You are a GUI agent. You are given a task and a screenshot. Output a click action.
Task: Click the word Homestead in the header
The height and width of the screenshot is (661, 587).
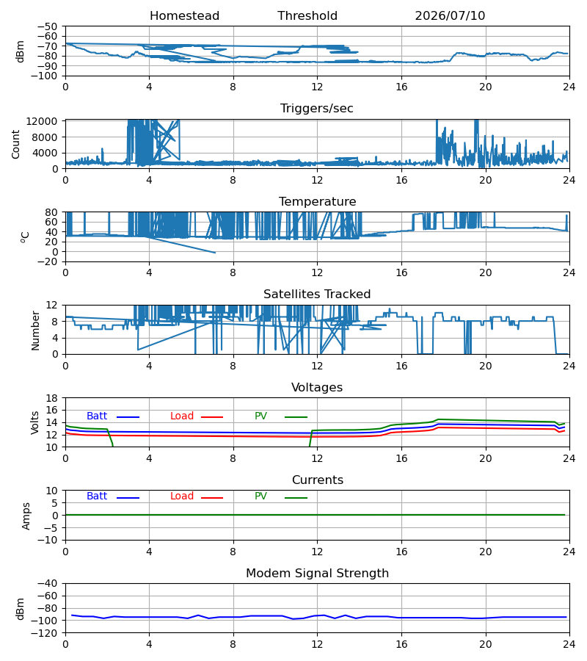pos(184,15)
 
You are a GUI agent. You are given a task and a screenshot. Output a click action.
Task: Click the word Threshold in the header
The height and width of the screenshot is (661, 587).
pos(307,15)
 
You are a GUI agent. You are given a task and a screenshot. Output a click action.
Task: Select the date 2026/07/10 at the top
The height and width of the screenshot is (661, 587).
pos(450,15)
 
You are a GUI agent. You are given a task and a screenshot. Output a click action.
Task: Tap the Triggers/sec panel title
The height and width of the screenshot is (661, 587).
pos(317,109)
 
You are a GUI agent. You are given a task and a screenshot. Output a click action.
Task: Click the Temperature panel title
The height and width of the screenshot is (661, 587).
pos(317,201)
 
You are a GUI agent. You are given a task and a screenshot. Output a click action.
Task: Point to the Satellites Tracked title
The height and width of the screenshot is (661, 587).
pos(317,295)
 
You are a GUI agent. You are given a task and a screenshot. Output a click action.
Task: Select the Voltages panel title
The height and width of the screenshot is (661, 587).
pos(317,387)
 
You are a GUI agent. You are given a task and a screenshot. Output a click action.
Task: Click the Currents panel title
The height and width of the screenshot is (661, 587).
pos(318,480)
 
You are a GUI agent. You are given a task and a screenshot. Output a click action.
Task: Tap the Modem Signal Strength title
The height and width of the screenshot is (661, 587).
pos(317,574)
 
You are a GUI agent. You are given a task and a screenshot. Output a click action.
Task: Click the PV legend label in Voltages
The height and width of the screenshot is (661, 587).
pos(260,416)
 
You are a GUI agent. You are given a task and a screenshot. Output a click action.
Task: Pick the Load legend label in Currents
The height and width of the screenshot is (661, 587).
pos(182,496)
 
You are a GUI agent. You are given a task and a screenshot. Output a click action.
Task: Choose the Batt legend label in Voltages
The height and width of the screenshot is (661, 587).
pos(97,416)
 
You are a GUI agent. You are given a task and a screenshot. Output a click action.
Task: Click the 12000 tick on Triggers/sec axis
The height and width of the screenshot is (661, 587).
pos(42,121)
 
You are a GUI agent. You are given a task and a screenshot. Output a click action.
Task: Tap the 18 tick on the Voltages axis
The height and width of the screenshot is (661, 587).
pos(51,398)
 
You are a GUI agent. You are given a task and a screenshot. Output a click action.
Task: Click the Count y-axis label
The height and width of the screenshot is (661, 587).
pos(16,144)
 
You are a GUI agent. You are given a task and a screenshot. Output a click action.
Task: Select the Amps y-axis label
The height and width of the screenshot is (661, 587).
pos(26,516)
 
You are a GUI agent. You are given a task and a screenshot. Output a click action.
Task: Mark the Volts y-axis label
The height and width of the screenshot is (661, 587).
pos(34,423)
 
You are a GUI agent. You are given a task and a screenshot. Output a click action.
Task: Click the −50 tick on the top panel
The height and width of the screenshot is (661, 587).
pos(47,26)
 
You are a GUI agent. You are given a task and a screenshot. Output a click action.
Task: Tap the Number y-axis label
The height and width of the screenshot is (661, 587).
pos(35,331)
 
